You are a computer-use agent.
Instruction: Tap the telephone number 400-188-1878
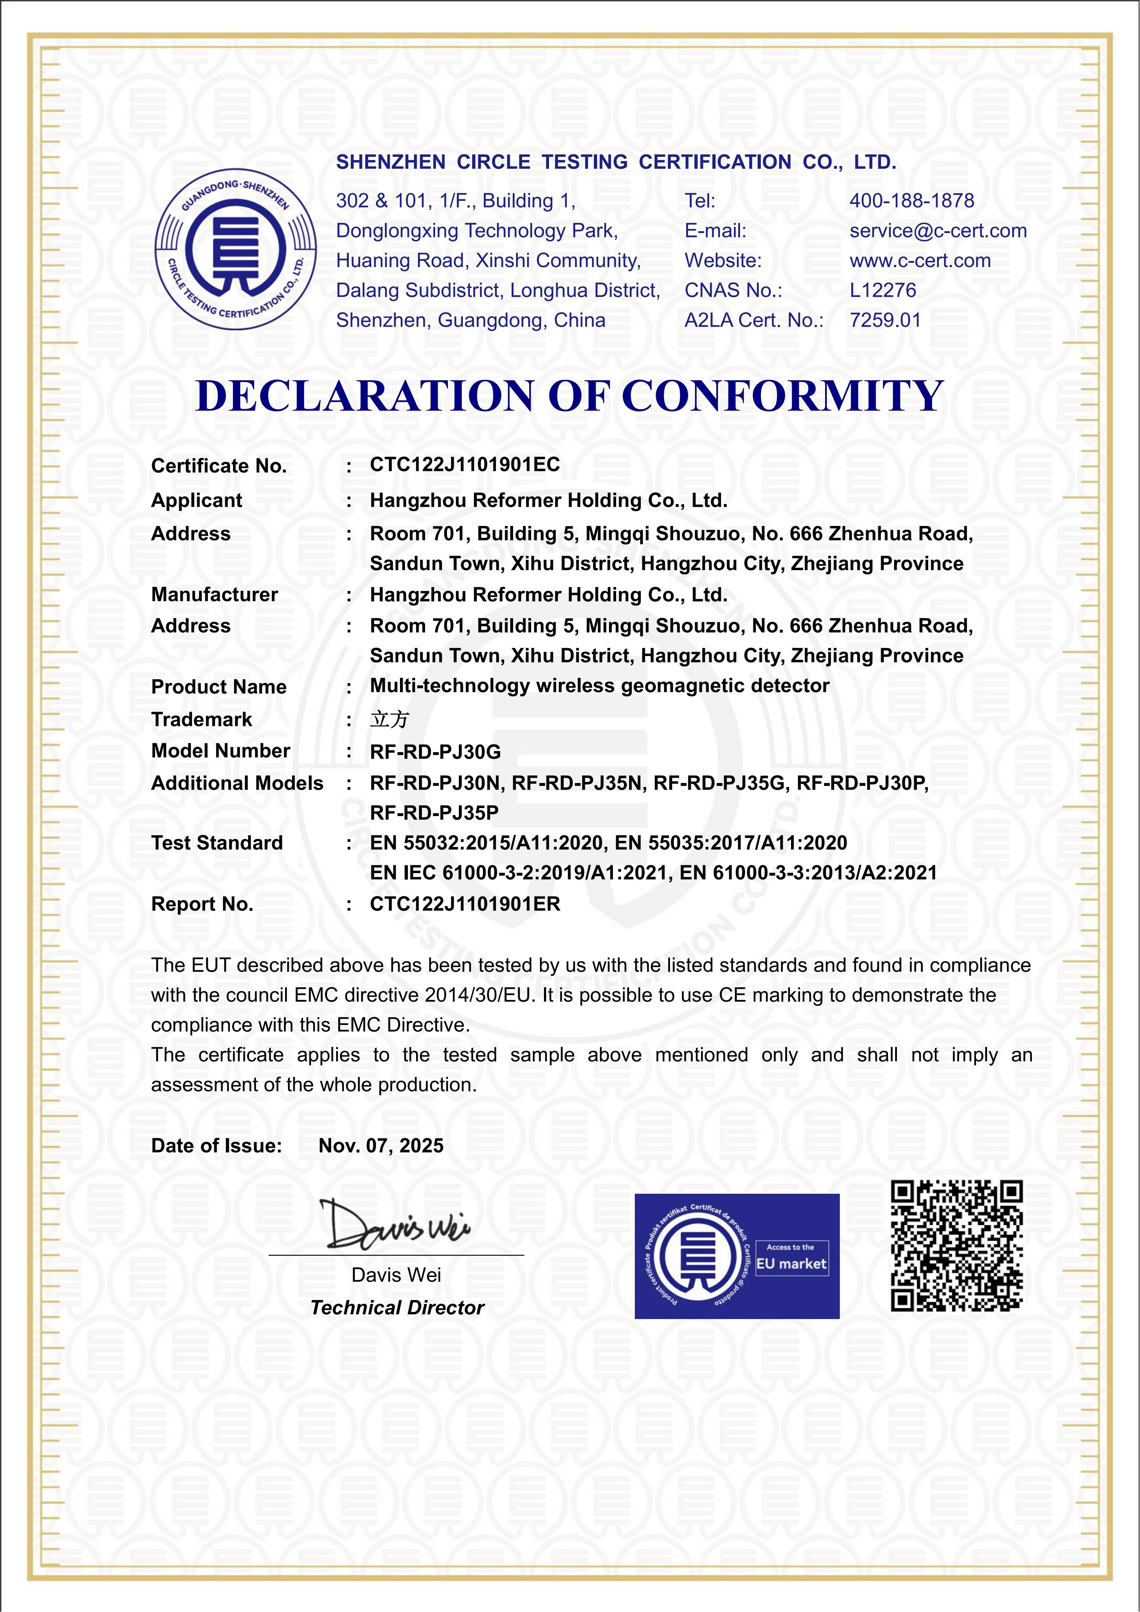(x=911, y=201)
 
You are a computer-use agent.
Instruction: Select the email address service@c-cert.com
(x=938, y=231)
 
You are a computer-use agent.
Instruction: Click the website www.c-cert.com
(x=920, y=261)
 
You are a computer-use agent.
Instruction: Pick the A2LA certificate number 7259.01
(x=884, y=320)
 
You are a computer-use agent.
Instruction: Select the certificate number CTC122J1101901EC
(x=465, y=465)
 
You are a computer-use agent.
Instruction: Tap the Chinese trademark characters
(x=389, y=719)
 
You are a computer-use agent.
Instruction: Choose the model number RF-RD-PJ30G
(x=435, y=752)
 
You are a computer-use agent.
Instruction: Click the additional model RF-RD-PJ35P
(x=434, y=813)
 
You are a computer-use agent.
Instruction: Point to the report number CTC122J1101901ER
(x=465, y=904)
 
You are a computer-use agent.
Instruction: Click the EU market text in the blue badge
(x=791, y=1264)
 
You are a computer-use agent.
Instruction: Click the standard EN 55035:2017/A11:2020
(x=731, y=843)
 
